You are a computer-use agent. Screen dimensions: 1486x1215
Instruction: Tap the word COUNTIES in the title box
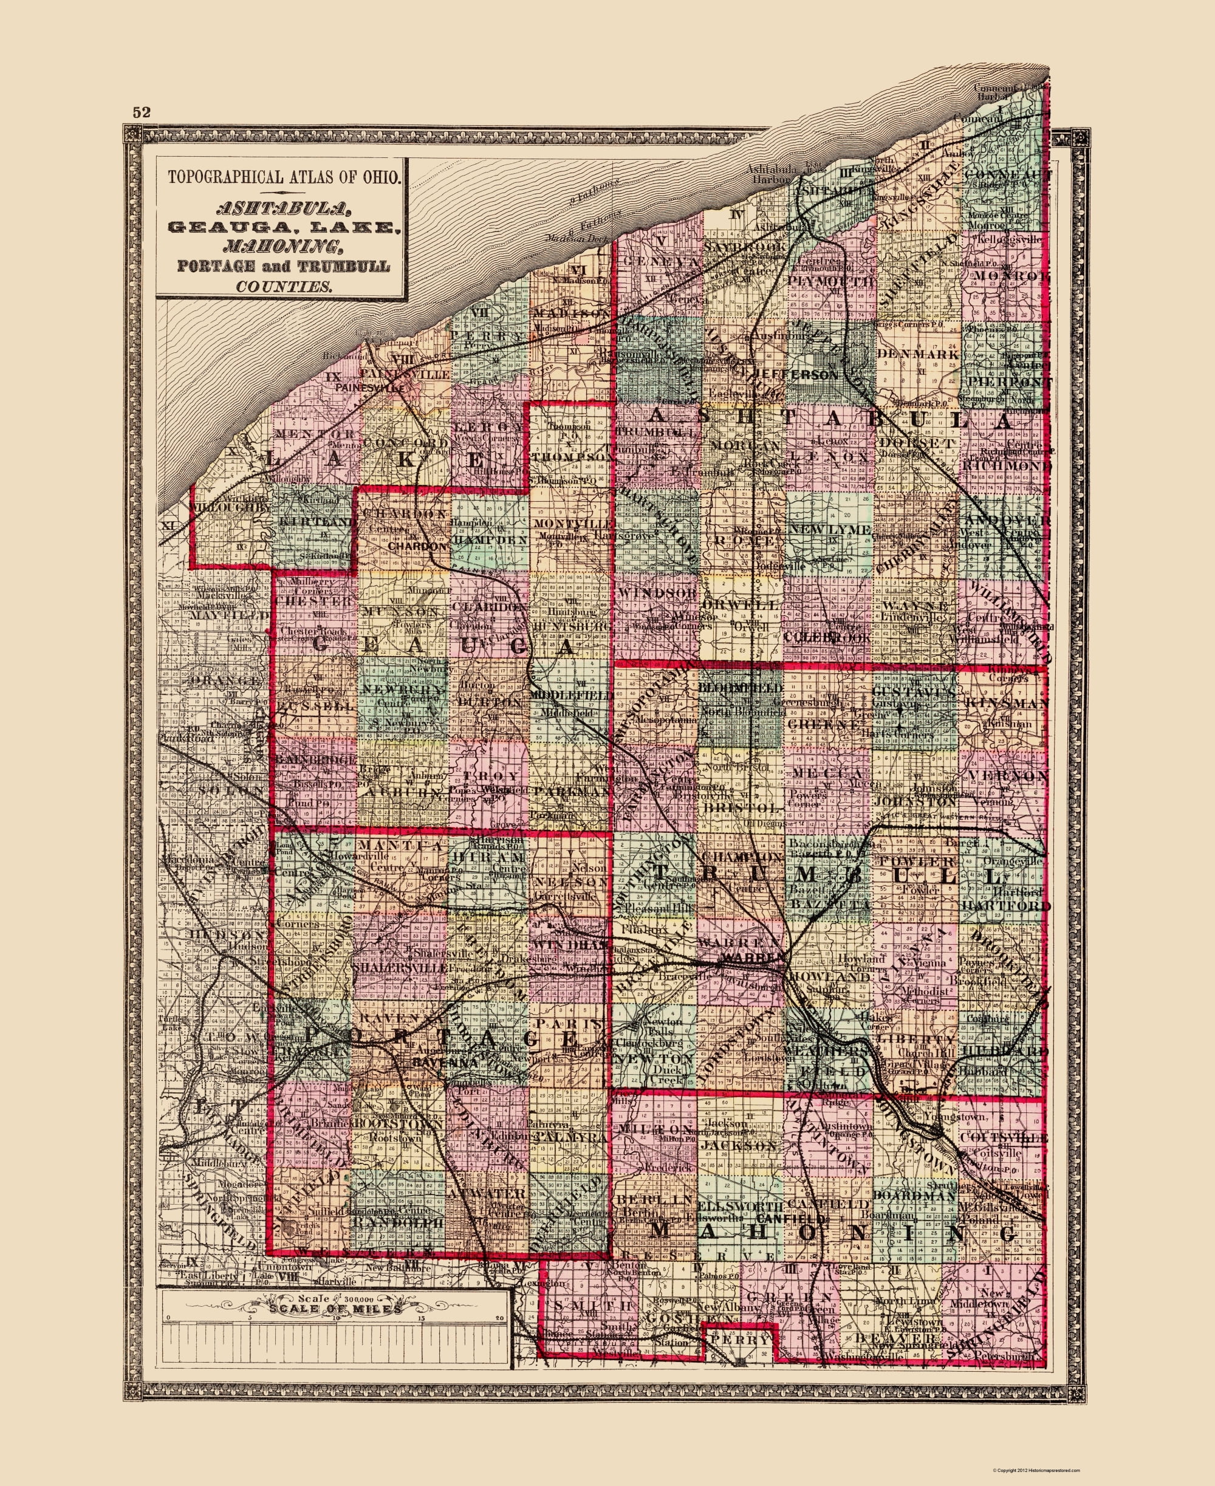[284, 286]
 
